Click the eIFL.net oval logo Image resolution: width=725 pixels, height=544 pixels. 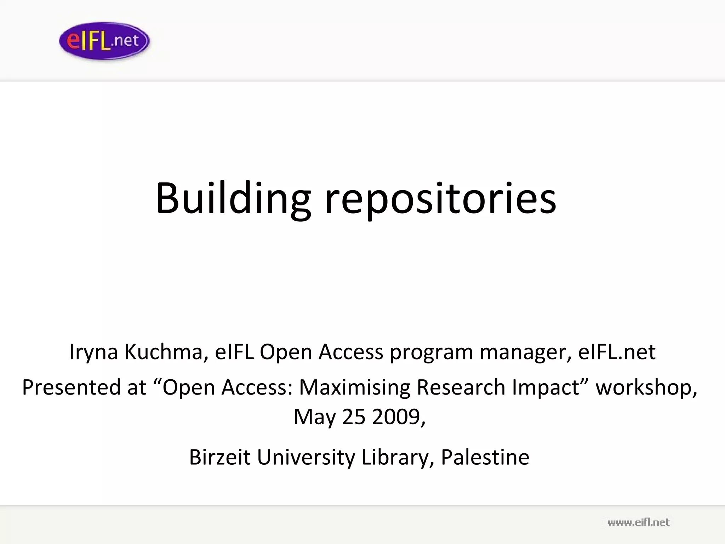[x=104, y=41]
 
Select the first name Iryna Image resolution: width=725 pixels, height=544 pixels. [x=93, y=352]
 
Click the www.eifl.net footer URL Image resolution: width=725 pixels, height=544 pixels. [x=638, y=522]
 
